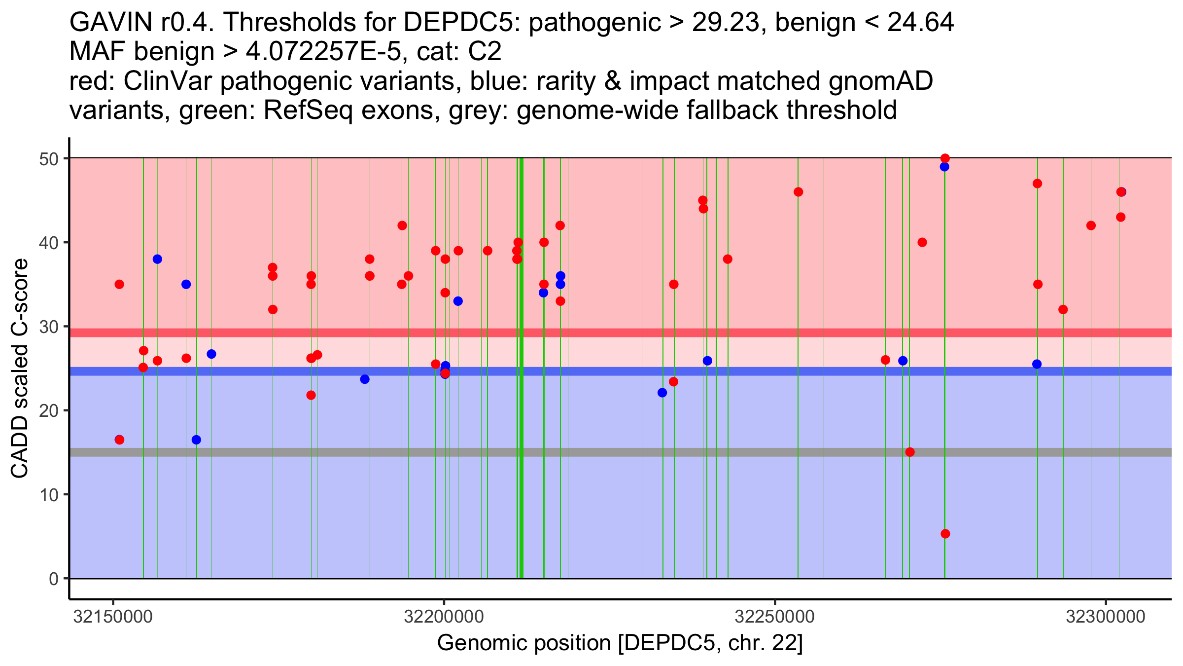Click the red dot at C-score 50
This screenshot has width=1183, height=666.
coord(945,158)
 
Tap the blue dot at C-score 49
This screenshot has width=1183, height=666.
coord(944,167)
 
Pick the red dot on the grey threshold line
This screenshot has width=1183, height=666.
coord(910,452)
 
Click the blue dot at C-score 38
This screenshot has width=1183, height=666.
coord(157,259)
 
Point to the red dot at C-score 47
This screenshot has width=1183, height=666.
coord(1037,184)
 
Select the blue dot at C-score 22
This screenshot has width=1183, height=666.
coord(662,393)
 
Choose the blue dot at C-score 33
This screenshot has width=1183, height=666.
coord(458,301)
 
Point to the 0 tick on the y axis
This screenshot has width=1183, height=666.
coord(53,579)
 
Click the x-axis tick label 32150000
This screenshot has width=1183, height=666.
coord(113,617)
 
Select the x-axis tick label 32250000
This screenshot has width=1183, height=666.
coord(775,617)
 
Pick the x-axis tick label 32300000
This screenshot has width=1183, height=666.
coord(1106,617)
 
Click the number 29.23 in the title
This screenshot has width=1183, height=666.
coord(725,23)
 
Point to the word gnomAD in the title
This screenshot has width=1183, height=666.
coord(880,81)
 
